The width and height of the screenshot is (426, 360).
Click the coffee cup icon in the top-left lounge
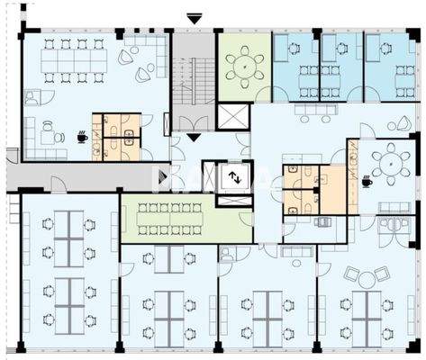(x=82, y=137)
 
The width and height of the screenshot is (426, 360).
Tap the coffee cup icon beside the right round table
(x=367, y=181)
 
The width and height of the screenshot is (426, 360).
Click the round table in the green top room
(x=243, y=65)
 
